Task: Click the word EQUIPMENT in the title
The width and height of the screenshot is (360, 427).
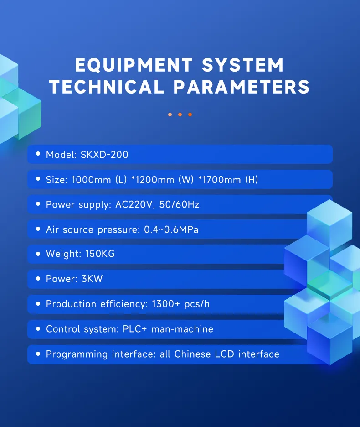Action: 134,65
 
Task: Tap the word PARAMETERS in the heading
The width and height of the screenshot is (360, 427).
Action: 242,87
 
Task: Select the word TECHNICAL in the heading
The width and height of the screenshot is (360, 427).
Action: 107,87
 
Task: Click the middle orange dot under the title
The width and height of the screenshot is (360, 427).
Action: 180,115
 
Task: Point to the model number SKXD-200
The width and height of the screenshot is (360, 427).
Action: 104,155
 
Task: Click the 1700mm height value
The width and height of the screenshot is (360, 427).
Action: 220,180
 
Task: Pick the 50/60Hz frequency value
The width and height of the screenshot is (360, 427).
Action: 180,204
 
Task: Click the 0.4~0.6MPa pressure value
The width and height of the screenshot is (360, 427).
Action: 171,229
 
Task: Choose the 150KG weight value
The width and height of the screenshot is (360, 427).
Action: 100,254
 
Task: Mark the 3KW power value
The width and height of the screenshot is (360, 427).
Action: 92,279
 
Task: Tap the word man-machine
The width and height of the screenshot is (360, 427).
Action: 182,329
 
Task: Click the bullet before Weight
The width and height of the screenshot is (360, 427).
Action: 38,254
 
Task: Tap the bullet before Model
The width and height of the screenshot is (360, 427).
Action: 38,154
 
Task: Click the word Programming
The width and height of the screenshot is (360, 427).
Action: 77,354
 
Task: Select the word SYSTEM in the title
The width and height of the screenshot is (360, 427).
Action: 243,65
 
